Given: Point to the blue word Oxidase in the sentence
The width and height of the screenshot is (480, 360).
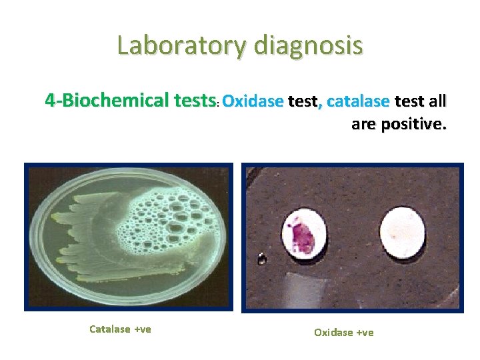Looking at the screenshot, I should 253,101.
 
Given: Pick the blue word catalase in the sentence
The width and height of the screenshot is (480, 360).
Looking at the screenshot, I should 359,101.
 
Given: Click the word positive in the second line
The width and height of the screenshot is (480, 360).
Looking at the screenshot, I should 414,124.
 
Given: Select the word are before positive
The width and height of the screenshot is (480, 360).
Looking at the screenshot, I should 365,124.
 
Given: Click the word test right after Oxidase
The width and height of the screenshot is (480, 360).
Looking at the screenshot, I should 303,101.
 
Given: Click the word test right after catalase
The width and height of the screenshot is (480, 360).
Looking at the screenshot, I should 410,101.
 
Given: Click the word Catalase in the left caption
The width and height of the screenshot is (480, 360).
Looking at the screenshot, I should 110,329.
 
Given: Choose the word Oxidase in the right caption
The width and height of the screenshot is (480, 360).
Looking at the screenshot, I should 334,332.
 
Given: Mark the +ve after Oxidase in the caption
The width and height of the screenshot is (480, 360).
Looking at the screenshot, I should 365,332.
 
